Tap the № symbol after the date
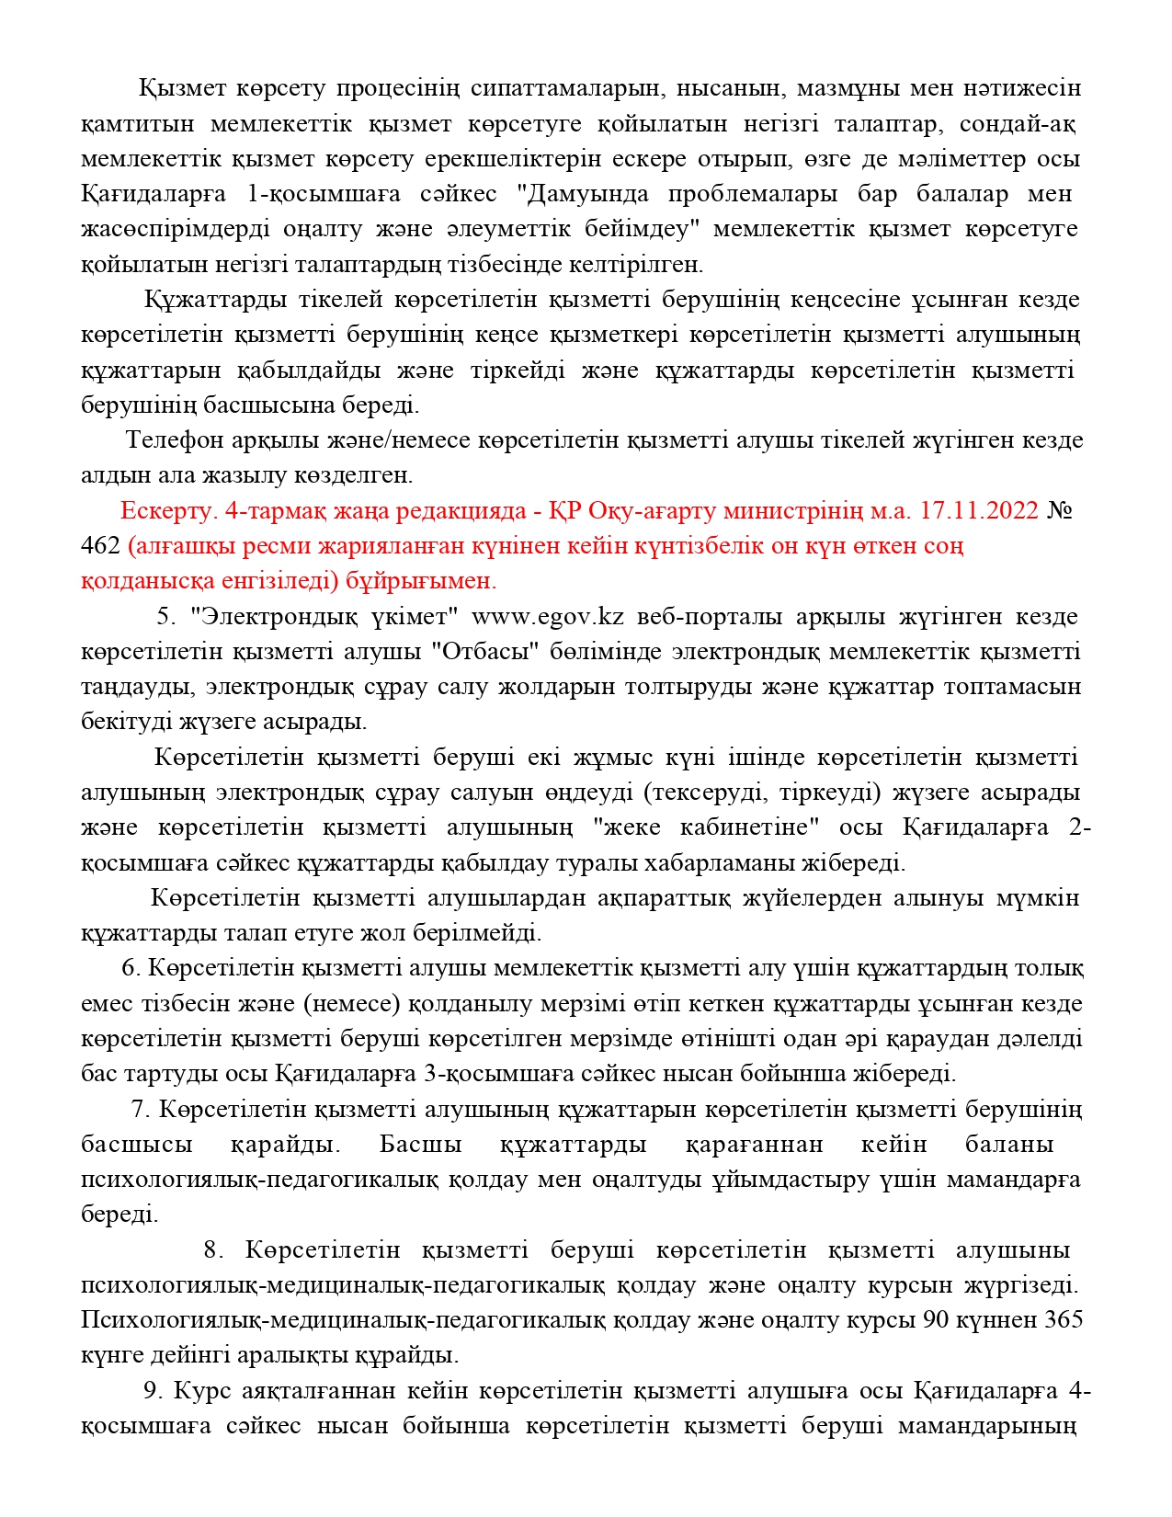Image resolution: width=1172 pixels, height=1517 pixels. point(1060,510)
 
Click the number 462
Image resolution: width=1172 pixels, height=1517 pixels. point(100,545)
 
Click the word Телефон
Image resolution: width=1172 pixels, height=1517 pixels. point(175,440)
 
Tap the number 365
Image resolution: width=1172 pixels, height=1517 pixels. point(1064,1320)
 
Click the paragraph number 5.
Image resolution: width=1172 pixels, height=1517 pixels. point(165,616)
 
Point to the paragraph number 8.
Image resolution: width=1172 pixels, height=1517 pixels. point(213,1250)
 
